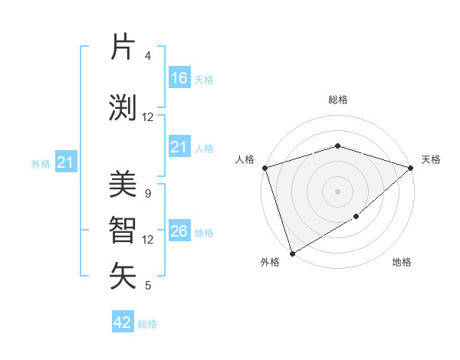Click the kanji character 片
click(x=123, y=47)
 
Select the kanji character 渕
click(x=123, y=107)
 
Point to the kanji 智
click(x=123, y=231)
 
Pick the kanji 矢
click(x=123, y=276)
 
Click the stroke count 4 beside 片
click(x=147, y=56)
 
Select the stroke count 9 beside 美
click(x=147, y=193)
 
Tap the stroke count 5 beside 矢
click(x=147, y=286)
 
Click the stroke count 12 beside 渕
click(x=148, y=116)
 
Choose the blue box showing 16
click(x=179, y=77)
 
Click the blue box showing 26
click(x=179, y=231)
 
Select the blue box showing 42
click(x=123, y=322)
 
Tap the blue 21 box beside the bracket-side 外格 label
click(x=66, y=162)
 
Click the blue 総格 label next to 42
click(x=147, y=324)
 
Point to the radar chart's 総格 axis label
click(x=337, y=100)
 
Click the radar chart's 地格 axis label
click(x=402, y=263)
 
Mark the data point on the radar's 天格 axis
click(x=411, y=168)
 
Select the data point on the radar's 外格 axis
click(x=292, y=253)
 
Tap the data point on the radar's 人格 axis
click(x=264, y=168)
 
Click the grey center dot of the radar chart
click(x=337, y=191)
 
